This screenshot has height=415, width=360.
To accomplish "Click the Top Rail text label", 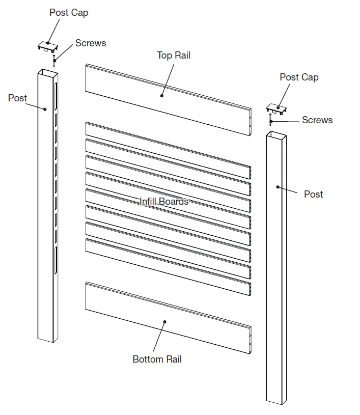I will tap(173, 56).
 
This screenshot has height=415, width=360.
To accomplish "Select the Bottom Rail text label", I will tap(157, 359).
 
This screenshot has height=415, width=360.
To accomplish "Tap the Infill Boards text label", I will tap(164, 202).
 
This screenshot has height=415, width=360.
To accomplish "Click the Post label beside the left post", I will tap(17, 98).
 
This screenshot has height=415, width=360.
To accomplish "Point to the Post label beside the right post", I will tap(313, 194).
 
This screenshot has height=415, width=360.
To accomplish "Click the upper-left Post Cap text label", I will tap(68, 12).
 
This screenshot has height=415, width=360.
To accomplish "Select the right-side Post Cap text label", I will tap(299, 77).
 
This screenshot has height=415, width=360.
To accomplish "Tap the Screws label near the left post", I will tap(91, 43).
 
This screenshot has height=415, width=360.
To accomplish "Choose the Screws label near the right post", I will tap(317, 120).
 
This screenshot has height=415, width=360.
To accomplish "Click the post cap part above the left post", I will tap(48, 47).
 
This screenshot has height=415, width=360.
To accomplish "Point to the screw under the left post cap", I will tap(54, 61).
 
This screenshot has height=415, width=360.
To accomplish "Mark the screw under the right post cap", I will tap(271, 120).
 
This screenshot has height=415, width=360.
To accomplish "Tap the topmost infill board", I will tap(168, 148).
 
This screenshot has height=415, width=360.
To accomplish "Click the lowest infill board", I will tap(168, 264).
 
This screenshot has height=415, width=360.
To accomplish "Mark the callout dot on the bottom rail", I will tap(164, 321).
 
